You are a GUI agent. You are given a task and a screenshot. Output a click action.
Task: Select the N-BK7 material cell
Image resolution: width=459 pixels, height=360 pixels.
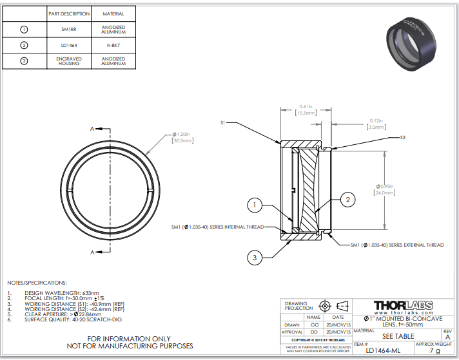click(113, 45)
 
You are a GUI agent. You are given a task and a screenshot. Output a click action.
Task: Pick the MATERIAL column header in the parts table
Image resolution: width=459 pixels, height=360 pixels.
click(113, 13)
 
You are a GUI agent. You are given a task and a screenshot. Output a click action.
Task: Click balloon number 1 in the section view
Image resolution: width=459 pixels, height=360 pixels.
click(255, 205)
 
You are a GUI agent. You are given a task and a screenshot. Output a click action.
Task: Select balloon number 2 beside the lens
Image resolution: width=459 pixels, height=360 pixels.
click(347, 200)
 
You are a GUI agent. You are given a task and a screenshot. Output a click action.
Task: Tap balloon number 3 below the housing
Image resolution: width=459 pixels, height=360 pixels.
click(255, 258)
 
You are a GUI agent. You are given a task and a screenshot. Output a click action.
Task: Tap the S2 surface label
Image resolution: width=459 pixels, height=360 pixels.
click(402, 137)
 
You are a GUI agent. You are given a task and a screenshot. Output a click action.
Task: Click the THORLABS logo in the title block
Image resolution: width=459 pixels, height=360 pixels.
click(403, 304)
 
